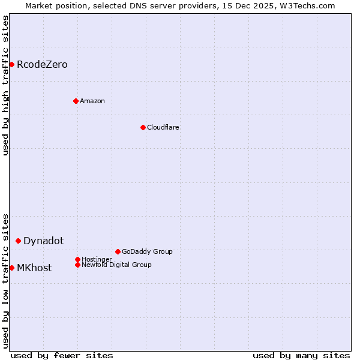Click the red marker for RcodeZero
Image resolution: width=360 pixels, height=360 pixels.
11,64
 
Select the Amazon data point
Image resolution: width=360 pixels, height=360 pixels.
76,101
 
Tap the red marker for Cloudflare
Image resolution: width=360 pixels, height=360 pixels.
143,127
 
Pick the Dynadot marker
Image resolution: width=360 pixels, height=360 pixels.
18,241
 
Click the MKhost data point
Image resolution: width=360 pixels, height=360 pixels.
11,268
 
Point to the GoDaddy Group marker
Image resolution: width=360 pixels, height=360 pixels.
118,251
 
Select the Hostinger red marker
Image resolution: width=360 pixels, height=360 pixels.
77,259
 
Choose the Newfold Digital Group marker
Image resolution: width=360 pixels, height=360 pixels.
77,265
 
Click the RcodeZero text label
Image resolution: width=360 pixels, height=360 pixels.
42,64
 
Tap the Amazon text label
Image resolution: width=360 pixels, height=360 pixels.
92,101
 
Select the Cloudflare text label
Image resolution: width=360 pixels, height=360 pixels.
163,127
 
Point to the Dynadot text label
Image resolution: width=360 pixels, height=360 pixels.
43,241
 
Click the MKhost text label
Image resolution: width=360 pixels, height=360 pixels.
34,268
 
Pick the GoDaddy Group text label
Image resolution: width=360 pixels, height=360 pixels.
147,251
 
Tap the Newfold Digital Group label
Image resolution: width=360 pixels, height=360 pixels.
116,265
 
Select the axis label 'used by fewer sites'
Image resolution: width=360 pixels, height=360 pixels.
62,355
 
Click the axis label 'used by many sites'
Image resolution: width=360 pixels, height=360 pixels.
301,355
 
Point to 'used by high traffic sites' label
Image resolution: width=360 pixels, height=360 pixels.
5,85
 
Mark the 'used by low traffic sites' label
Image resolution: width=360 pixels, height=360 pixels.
5,280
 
